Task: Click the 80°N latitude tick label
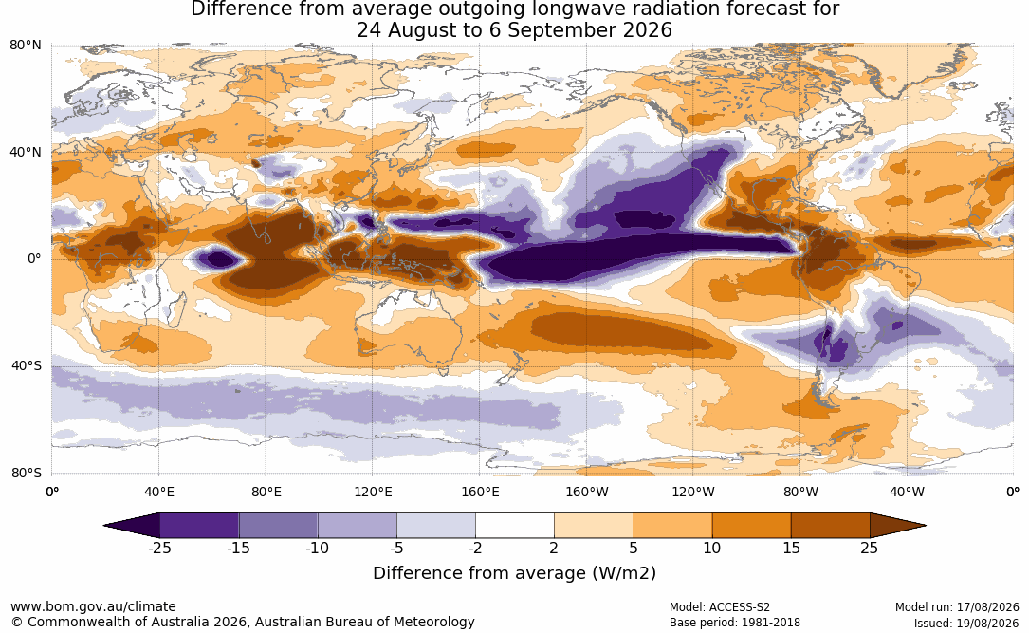pyautogui.click(x=25, y=46)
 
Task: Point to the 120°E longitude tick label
pyautogui.click(x=373, y=492)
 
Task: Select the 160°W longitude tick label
pyautogui.click(x=587, y=492)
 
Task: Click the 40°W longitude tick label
pyautogui.click(x=907, y=492)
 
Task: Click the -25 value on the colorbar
pyautogui.click(x=159, y=548)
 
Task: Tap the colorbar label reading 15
pyautogui.click(x=791, y=548)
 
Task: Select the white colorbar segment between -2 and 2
pyautogui.click(x=515, y=526)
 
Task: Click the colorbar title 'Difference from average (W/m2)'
pyautogui.click(x=514, y=573)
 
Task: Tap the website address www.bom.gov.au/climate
pyautogui.click(x=93, y=606)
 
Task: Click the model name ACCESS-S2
pyautogui.click(x=740, y=607)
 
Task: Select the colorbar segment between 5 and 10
pyautogui.click(x=672, y=526)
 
